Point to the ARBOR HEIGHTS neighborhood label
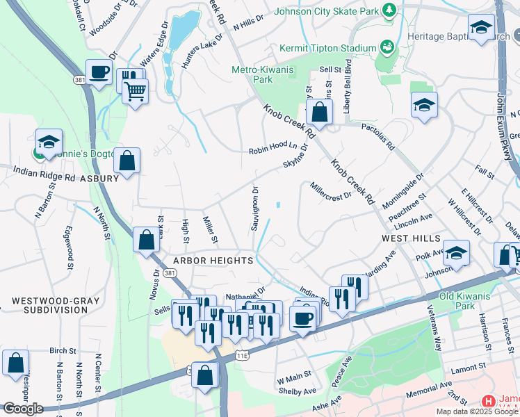(213, 260)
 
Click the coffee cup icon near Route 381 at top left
(99, 72)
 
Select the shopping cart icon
(135, 90)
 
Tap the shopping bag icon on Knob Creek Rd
(318, 112)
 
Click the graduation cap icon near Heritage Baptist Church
(480, 28)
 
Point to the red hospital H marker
(488, 402)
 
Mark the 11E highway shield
(241, 355)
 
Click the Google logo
(23, 409)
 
